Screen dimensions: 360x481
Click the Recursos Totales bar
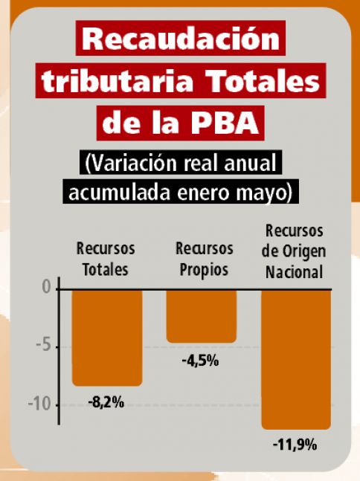(x=107, y=338)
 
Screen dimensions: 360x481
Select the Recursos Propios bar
(x=202, y=316)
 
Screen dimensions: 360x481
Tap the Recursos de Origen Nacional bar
(x=296, y=360)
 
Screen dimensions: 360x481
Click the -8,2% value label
(x=106, y=402)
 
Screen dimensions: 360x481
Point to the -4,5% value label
(x=200, y=361)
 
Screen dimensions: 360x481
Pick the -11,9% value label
(x=295, y=445)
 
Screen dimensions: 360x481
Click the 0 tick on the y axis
(x=47, y=288)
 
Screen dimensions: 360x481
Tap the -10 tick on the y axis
(x=39, y=404)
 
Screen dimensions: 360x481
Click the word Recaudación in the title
(x=181, y=39)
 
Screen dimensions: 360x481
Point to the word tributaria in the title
(x=118, y=81)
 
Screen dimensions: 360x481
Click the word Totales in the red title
(x=264, y=81)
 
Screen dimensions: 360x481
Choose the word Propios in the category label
(x=204, y=271)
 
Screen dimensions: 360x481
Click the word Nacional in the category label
(x=294, y=272)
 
